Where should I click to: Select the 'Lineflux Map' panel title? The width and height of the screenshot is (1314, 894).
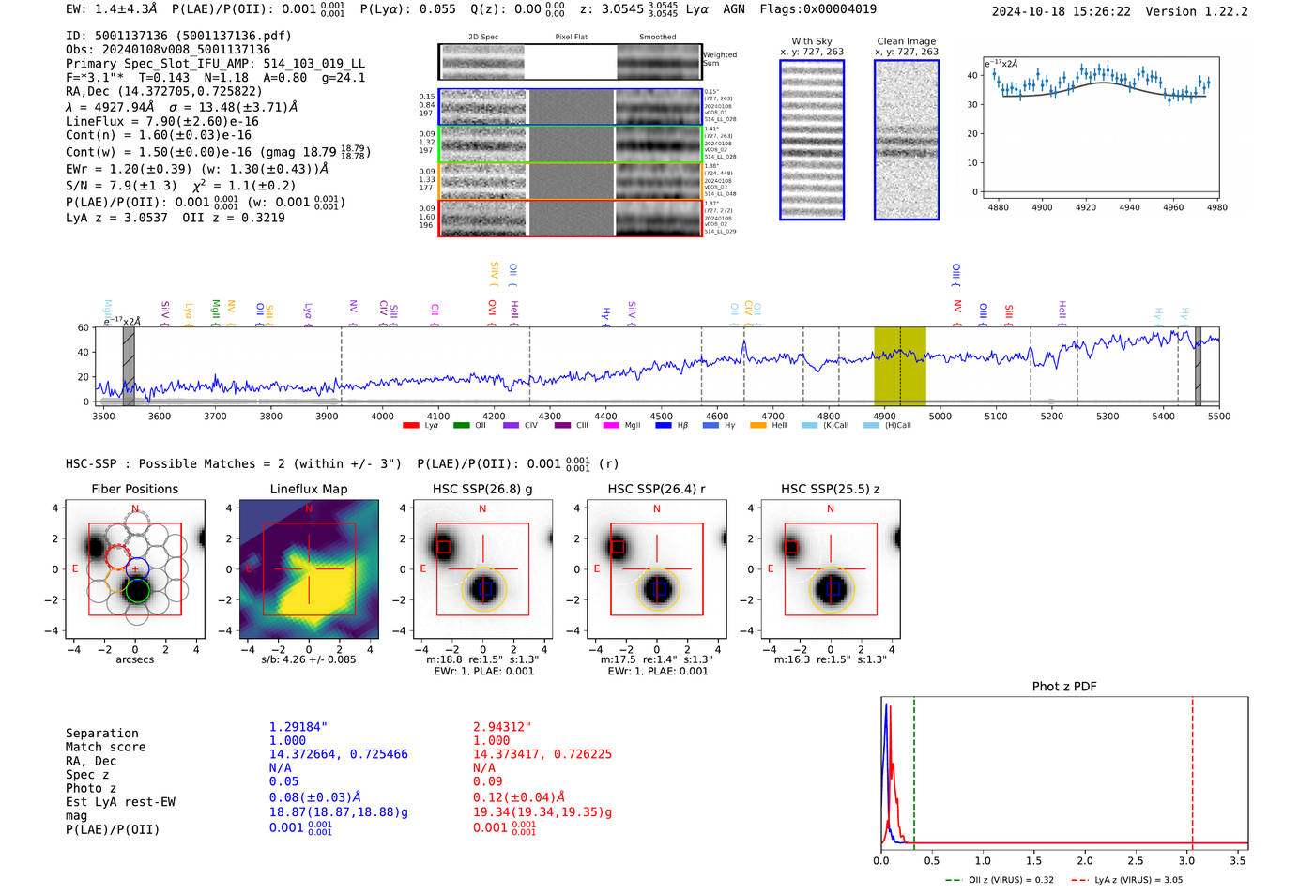[x=308, y=489]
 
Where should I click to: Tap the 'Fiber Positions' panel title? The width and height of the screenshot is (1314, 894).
[x=134, y=489]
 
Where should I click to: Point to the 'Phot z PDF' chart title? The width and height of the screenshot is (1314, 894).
[x=1064, y=686]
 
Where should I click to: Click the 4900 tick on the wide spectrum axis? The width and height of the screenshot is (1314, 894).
[x=884, y=416]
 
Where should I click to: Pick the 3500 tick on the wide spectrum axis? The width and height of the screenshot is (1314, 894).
[x=103, y=416]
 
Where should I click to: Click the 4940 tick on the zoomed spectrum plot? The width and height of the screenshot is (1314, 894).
[x=1129, y=207]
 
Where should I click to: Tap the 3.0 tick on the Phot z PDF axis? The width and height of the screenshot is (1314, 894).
[x=1186, y=860]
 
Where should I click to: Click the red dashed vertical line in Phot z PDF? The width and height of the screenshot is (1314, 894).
[x=1192, y=769]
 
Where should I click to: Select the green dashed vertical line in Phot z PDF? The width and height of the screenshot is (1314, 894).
[x=913, y=769]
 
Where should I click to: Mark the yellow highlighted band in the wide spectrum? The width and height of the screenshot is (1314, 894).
[x=899, y=366]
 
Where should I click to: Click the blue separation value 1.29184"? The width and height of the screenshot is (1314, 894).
[x=298, y=727]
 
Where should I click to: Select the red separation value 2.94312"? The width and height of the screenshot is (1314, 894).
[x=501, y=727]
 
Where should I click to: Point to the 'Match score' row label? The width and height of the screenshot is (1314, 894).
[x=105, y=747]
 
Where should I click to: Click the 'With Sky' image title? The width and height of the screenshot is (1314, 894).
[x=811, y=41]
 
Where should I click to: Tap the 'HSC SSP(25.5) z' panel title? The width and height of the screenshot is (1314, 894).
[x=830, y=489]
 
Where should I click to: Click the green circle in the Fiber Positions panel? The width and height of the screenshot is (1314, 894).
[x=137, y=590]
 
